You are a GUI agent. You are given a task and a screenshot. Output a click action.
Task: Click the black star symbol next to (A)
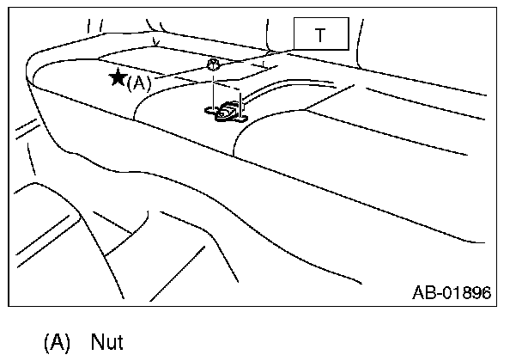118,78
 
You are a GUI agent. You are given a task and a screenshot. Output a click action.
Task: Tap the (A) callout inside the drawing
138,83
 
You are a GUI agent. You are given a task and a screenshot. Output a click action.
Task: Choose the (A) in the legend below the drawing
57,343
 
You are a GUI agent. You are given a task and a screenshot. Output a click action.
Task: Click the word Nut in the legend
106,343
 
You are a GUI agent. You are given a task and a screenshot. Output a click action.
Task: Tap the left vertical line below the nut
212,89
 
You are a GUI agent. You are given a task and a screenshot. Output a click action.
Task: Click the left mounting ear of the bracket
209,110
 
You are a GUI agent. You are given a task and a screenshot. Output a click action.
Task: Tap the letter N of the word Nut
95,343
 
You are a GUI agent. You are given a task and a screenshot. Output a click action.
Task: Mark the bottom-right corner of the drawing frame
498,305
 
